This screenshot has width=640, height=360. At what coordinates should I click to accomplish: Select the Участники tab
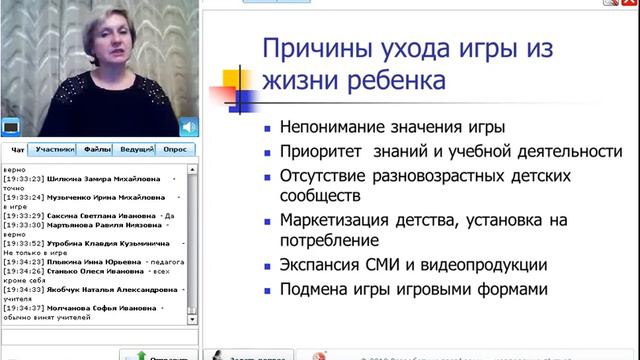[55, 148]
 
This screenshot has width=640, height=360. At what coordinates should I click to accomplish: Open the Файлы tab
[97, 148]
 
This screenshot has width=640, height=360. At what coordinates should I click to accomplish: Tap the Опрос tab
[175, 148]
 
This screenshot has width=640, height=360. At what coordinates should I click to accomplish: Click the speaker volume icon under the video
[188, 127]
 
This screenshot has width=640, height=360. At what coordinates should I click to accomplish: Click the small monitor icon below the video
[11, 127]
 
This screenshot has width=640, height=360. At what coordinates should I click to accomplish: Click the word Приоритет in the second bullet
[321, 151]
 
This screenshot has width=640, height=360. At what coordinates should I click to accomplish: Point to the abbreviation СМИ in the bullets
[391, 265]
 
